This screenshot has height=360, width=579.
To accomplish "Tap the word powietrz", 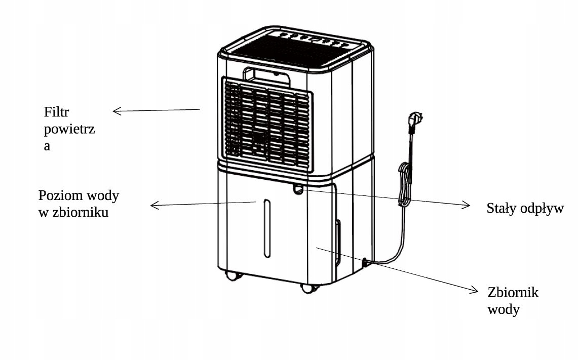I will click(69, 130).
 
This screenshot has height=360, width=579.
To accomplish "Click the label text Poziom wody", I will click(79, 196).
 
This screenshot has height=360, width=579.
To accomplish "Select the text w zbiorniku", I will click(73, 213).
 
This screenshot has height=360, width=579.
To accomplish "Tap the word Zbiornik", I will click(513, 292).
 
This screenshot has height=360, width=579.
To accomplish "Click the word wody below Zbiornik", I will click(504, 309).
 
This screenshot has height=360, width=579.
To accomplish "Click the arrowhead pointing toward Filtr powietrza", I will click(117, 111).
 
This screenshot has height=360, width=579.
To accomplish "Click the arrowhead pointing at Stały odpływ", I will click(466, 205).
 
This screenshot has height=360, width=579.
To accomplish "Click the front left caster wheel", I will click(232, 275).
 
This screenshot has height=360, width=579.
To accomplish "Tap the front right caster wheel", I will click(307, 288).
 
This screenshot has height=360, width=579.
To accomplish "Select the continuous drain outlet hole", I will click(298, 190).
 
